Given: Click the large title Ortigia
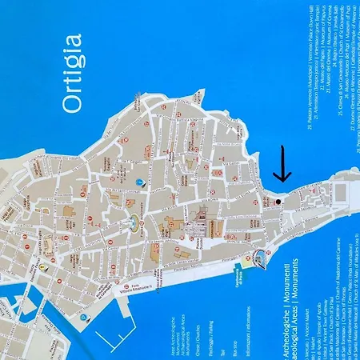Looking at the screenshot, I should click(71, 73).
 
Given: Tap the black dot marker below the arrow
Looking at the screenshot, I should click(278, 202).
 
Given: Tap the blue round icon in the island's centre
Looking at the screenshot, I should click(140, 182).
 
